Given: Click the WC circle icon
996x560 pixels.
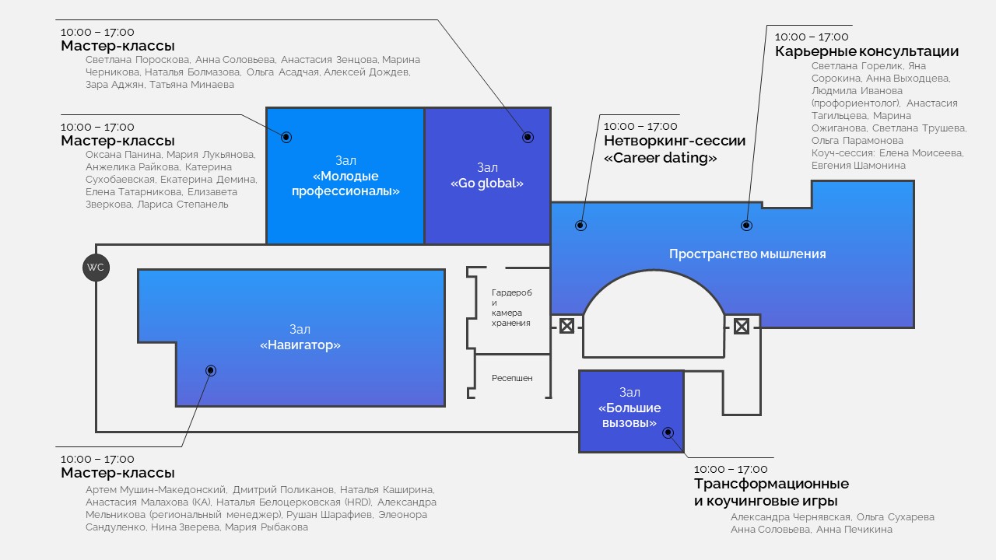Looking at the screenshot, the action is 96,268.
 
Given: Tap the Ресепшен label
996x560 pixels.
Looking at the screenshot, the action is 512,378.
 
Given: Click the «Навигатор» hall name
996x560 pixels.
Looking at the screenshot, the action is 300,345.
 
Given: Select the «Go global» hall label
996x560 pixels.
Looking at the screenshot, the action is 487,183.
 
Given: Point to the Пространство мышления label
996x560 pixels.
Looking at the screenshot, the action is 748,254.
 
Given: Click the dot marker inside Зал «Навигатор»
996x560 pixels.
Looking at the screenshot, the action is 211,370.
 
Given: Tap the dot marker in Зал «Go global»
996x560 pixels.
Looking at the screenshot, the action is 528,137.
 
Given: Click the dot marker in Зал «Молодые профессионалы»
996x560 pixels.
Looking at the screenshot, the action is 286,137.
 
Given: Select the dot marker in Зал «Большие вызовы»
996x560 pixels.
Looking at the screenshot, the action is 668,432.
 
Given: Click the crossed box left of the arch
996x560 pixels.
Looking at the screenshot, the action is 566,326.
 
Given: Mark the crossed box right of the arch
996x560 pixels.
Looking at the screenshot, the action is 742,327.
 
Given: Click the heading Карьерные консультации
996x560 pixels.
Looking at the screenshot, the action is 867,51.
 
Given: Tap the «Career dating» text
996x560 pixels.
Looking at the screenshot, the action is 661,158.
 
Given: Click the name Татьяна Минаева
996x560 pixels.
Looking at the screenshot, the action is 191,85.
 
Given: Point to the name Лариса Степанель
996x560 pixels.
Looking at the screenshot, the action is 183,205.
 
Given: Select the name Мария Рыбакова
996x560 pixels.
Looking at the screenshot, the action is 266,527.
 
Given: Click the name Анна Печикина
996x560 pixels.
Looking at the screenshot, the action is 854,530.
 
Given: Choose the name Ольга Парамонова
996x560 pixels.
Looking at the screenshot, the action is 857,141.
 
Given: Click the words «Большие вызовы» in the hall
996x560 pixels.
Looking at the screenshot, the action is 630,415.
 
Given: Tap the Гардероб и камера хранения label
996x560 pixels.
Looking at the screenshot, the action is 512,307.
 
